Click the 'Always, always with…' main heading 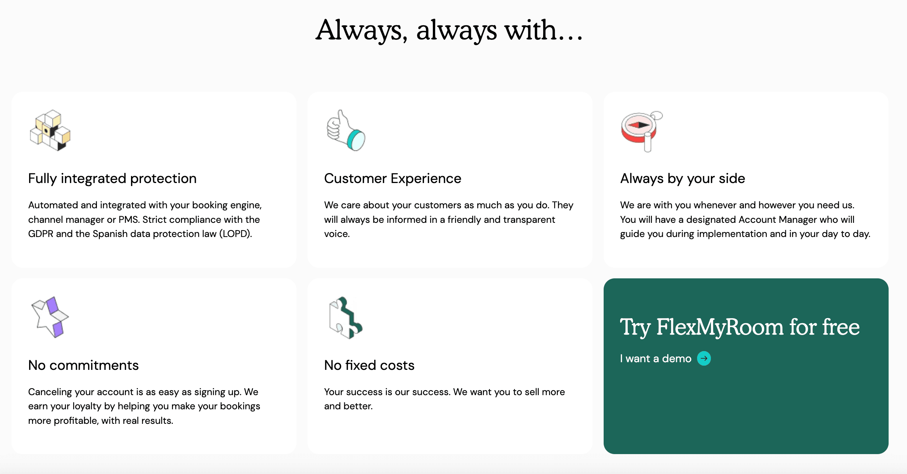449,31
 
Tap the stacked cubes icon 50,130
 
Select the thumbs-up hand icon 346,131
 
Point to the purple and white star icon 50,317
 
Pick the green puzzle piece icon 345,318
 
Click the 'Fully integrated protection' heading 112,178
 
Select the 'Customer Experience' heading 393,178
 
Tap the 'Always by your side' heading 683,178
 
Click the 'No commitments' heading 83,365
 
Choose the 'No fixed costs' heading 369,365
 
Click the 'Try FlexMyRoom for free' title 740,327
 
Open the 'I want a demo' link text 656,359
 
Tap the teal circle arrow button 704,358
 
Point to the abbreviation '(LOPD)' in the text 236,234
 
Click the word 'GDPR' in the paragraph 41,234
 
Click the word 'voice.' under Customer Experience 337,234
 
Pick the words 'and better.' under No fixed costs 349,406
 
